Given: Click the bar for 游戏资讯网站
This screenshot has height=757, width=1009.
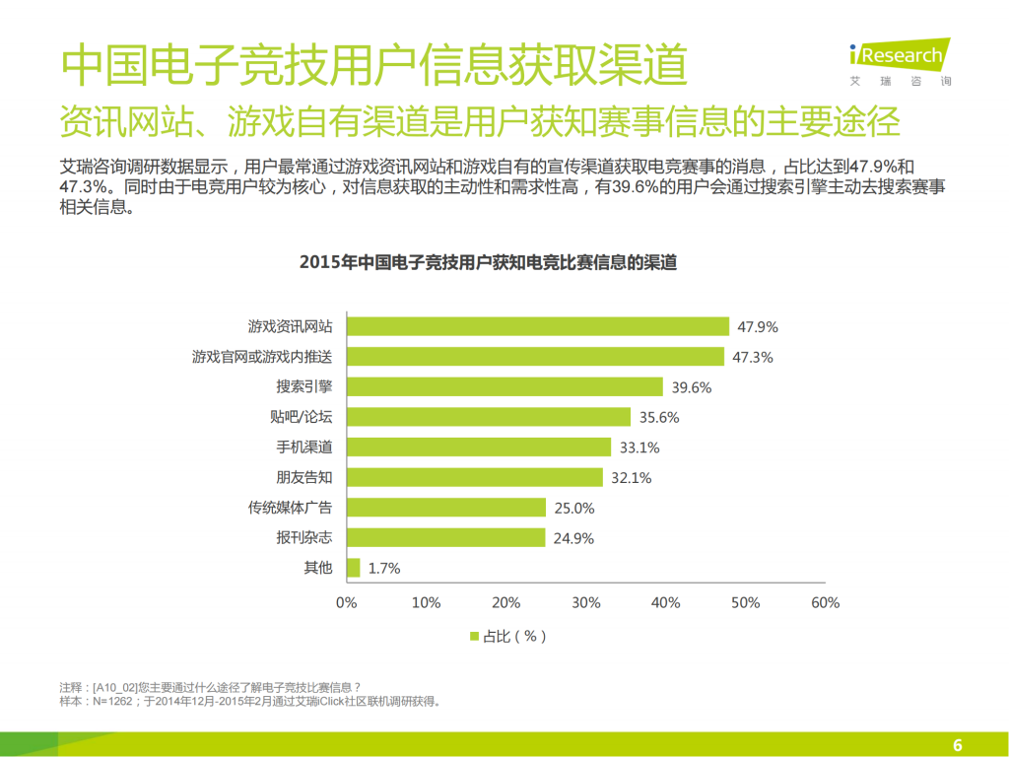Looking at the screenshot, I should pyautogui.click(x=538, y=326).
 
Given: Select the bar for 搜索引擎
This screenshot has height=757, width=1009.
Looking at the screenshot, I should pyautogui.click(x=504, y=386).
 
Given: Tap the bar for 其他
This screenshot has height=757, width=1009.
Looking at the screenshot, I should pyautogui.click(x=353, y=568).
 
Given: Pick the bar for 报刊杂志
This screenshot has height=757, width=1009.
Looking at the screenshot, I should pyautogui.click(x=445, y=537).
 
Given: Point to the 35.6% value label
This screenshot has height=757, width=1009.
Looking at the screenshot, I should pyautogui.click(x=659, y=417).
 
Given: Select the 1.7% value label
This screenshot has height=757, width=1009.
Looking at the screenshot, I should pyautogui.click(x=384, y=568).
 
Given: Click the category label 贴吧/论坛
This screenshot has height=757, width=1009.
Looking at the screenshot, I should pyautogui.click(x=304, y=417).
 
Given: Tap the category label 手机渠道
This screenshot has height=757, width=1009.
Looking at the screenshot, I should pyautogui.click(x=304, y=447).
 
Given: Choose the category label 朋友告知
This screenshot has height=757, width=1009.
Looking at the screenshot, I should pyautogui.click(x=304, y=477).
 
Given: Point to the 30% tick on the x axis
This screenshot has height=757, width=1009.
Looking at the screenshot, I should pyautogui.click(x=585, y=602).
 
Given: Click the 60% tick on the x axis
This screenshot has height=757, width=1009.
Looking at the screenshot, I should pyautogui.click(x=825, y=602).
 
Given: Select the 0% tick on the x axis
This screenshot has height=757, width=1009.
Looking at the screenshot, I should pyautogui.click(x=346, y=602).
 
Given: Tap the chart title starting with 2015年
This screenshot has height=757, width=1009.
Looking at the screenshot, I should pyautogui.click(x=487, y=263).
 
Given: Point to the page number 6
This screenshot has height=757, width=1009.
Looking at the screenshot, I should pyautogui.click(x=957, y=743).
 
